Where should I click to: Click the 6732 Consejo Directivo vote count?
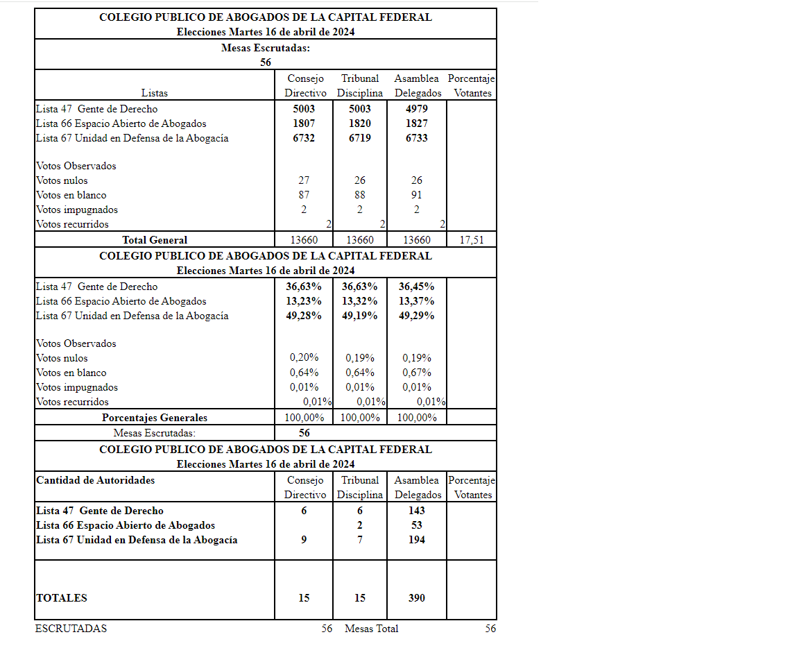pos(304,138)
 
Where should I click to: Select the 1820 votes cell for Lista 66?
pos(360,124)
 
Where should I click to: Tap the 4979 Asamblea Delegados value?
pos(416,109)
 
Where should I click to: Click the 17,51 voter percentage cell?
pos(472,240)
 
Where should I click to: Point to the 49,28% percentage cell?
pos(304,316)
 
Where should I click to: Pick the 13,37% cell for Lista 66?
pos(416,301)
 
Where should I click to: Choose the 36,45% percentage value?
pos(416,287)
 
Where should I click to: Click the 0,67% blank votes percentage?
pos(416,373)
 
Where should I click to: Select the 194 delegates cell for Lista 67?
pos(416,540)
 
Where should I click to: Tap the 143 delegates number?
pos(416,511)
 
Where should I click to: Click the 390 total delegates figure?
pos(416,598)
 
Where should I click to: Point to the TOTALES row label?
pos(62,598)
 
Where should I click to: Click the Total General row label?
pos(155,240)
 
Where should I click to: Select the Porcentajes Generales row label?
pos(155,418)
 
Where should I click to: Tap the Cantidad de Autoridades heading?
pos(96,480)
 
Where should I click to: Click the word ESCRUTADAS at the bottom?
pos(71,629)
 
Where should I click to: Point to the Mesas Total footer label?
pos(371,629)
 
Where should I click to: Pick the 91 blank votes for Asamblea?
pos(416,195)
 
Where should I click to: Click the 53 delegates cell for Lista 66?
pos(416,525)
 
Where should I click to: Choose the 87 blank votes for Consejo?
pos(304,195)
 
